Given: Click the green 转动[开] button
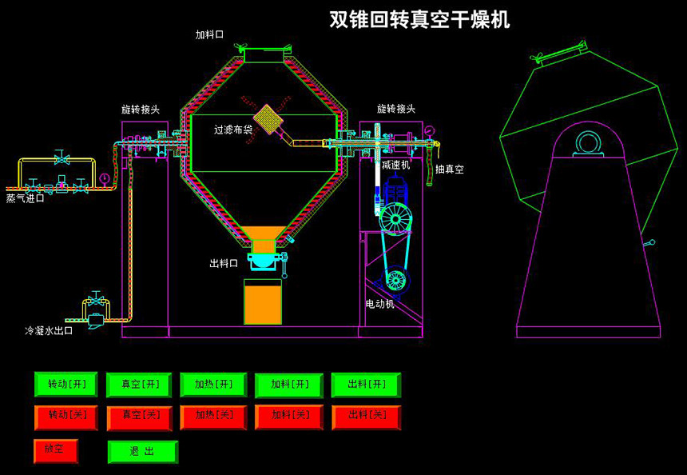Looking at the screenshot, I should click(x=66, y=384).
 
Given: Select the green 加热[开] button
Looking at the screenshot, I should click(x=213, y=385).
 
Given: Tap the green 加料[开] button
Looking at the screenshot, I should click(x=289, y=385).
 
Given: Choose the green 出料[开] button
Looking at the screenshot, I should click(x=366, y=385).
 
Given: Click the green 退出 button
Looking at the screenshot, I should click(x=142, y=451).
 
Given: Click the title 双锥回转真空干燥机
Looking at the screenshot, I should click(x=419, y=20).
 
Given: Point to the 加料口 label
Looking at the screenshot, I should click(x=209, y=34).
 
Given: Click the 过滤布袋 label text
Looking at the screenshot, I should click(x=233, y=129).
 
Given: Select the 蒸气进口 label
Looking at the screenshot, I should click(x=26, y=198).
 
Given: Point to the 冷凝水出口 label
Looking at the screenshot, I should click(x=49, y=330).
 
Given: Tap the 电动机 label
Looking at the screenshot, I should click(x=379, y=304).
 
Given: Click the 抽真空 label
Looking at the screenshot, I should click(x=449, y=170).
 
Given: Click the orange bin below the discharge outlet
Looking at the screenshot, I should click(x=263, y=302).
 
